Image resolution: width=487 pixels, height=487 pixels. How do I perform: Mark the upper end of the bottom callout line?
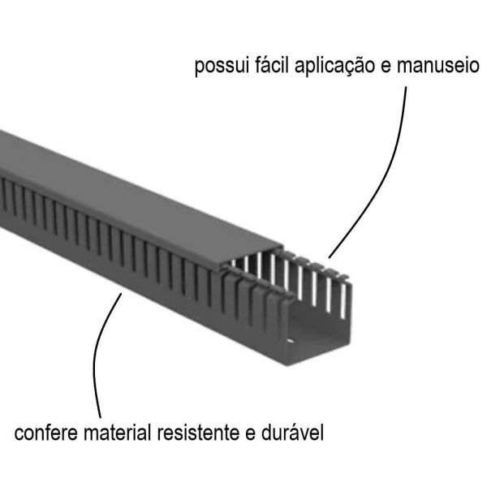tap(122, 294)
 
